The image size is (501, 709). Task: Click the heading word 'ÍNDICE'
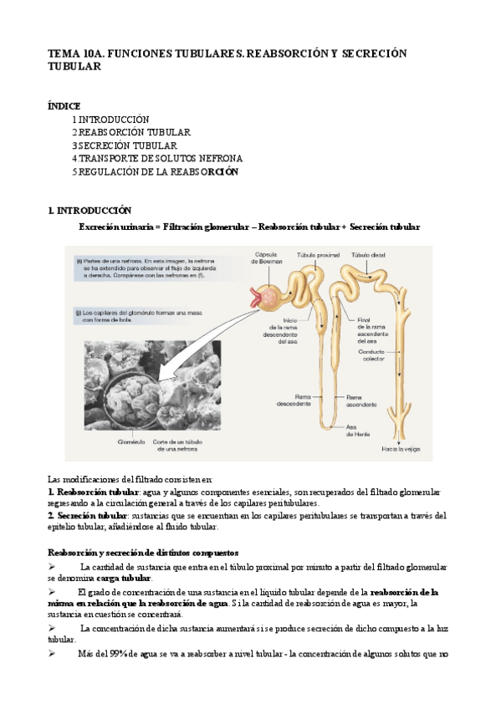click(x=64, y=105)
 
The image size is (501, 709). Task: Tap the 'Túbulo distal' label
click(x=368, y=254)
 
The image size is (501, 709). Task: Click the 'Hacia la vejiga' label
click(x=401, y=449)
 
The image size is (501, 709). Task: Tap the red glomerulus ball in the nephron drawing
click(x=259, y=297)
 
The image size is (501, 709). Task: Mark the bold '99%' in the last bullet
click(x=115, y=654)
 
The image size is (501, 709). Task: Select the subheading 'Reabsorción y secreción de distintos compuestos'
click(x=143, y=553)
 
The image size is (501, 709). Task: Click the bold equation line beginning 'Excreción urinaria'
click(x=249, y=227)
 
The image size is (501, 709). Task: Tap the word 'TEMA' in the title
click(x=65, y=54)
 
